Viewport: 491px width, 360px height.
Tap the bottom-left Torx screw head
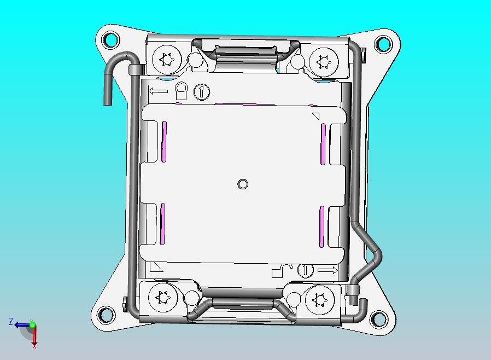point(162,298)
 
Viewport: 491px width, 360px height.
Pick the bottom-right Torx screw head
point(319,299)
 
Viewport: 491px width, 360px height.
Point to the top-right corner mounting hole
point(383,44)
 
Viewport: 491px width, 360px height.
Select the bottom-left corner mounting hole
point(104,315)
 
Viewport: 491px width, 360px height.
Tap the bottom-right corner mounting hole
point(378,318)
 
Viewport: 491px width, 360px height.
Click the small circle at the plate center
point(243,184)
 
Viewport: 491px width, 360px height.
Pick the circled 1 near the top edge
point(202,91)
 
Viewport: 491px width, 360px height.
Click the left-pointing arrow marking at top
point(159,91)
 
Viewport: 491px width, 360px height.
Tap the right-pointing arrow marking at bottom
point(328,270)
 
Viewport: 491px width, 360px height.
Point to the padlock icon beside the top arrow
point(182,89)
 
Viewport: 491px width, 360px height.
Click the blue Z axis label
point(10,322)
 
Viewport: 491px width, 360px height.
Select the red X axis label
point(34,346)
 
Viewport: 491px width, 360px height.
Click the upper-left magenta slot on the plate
point(164,141)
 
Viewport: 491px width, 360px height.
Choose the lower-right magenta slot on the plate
point(322,225)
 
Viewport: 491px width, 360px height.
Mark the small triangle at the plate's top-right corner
point(315,116)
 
